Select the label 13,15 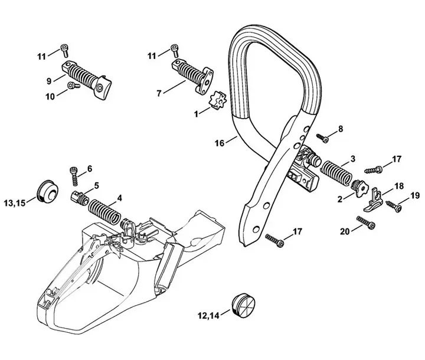pyautogui.click(x=15, y=203)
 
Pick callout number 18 pyautogui.click(x=399, y=185)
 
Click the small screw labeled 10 pyautogui.click(x=72, y=86)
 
